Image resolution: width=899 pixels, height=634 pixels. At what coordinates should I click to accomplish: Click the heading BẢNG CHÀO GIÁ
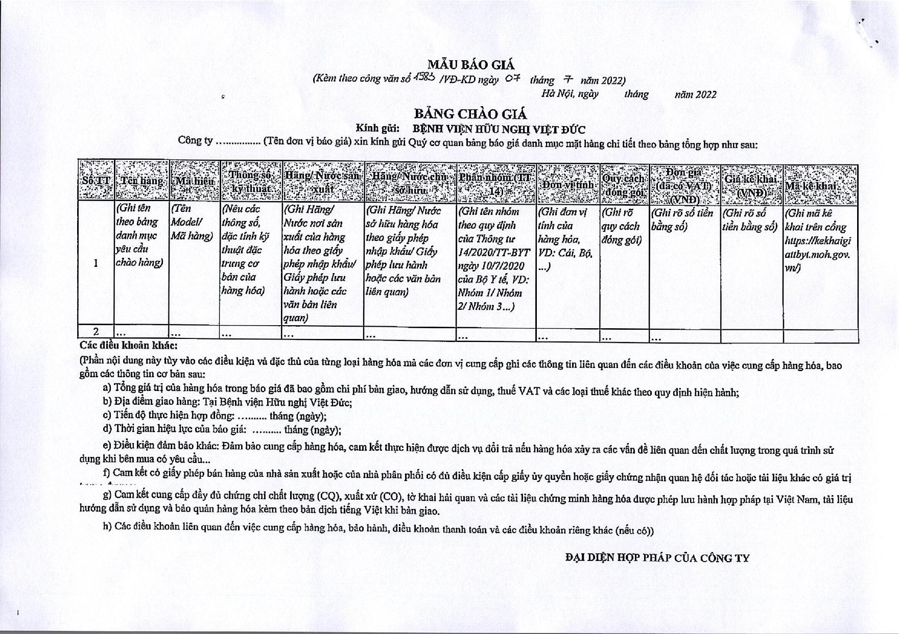470,113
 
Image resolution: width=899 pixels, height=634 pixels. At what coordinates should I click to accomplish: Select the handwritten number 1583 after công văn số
424,77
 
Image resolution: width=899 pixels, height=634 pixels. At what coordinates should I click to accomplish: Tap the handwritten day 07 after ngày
512,78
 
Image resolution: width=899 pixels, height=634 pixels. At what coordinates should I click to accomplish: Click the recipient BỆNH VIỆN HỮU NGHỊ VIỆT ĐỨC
499,129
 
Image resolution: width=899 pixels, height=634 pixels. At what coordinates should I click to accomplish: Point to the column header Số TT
96,181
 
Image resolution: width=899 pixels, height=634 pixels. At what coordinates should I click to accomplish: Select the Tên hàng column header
141,181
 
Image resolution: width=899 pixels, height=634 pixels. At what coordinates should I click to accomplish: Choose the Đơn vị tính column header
567,184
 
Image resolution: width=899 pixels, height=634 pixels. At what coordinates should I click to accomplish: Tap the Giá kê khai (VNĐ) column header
751,185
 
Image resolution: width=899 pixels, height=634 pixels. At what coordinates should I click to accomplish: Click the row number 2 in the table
96,331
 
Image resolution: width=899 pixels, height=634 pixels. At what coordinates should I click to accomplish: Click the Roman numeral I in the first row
96,263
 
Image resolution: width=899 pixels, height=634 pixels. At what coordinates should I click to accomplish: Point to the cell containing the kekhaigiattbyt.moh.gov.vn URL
818,240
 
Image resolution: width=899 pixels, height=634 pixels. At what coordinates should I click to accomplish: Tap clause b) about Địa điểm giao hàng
227,402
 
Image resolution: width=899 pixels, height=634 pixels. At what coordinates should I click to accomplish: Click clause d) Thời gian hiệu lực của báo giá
222,429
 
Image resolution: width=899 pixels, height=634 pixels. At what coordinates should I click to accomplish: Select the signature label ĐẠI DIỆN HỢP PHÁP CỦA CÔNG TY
657,558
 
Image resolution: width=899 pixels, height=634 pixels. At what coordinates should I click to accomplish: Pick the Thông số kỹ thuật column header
250,182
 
